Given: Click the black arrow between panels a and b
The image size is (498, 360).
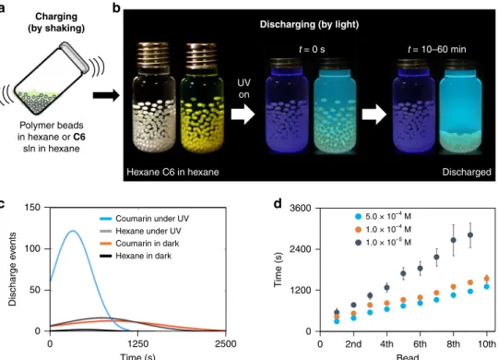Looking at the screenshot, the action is point(106,95).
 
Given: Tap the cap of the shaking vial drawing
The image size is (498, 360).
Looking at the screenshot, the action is point(75,56).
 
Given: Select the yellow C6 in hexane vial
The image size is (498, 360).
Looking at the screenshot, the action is point(202,99).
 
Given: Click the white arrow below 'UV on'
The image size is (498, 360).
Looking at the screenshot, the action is point(243,114).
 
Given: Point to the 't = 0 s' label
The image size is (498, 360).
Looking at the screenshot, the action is point(312,49).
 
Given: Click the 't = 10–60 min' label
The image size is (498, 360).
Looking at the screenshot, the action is point(437,49).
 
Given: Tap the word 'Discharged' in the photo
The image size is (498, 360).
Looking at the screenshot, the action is point(467,172).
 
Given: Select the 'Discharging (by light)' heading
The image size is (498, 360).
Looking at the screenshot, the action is point(309,25).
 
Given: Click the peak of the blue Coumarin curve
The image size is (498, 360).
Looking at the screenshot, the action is point(73,231).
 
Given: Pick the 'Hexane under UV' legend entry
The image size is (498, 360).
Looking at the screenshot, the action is point(140,231).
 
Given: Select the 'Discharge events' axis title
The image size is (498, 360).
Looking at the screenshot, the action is point(12,269).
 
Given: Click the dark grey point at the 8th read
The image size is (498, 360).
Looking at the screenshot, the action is point(454,240).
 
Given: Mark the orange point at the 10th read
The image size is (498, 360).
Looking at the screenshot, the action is point(487,279).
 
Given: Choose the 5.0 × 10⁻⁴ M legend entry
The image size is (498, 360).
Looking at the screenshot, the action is point(383,217).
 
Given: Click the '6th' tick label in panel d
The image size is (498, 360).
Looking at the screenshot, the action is point(420,344).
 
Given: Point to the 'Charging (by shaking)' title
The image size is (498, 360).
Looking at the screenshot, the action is point(56,22).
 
